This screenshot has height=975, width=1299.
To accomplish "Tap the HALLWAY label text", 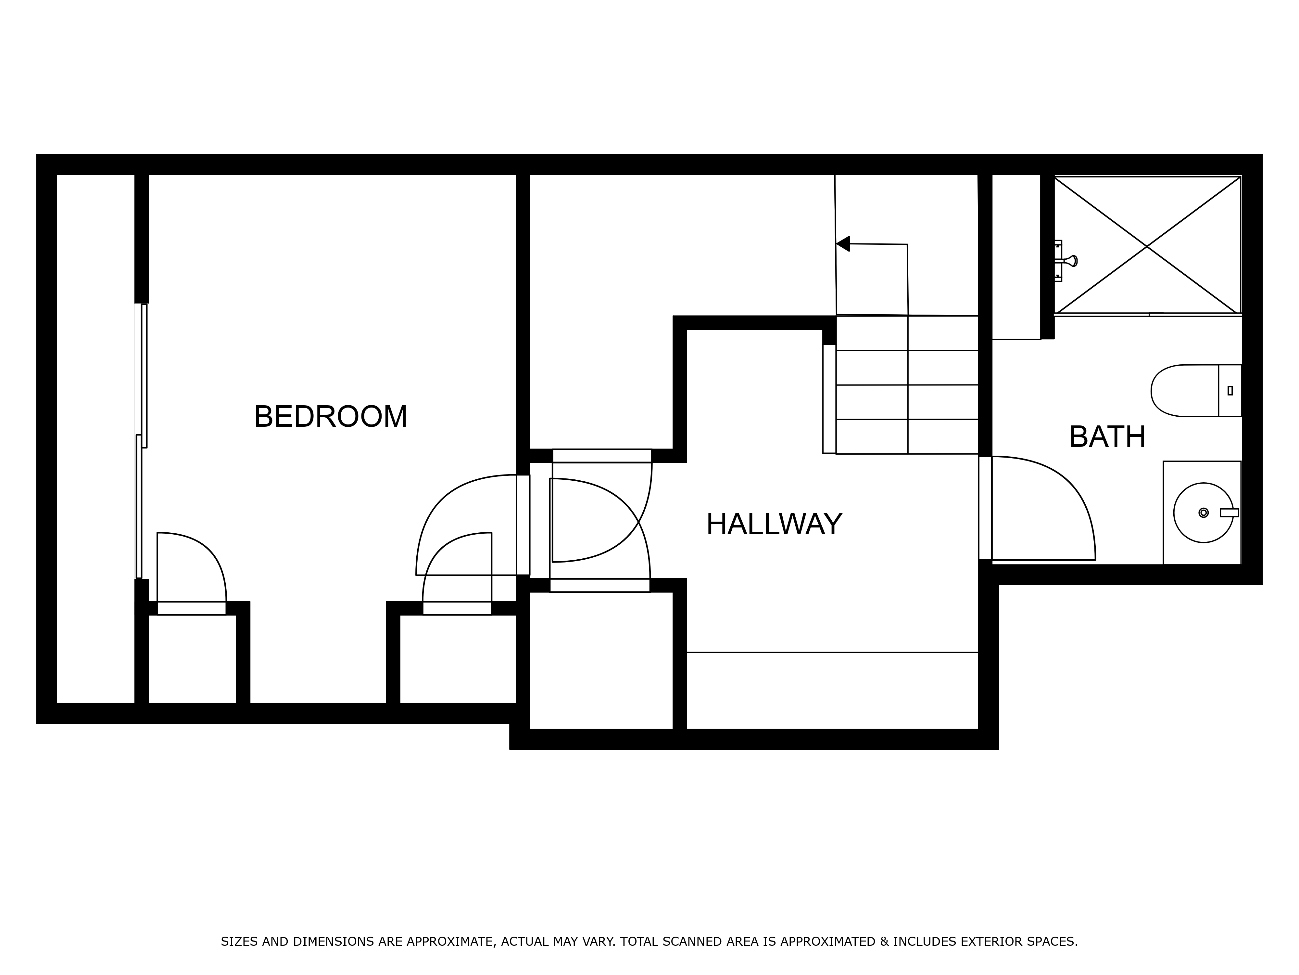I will (774, 524).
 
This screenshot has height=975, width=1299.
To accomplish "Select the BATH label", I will (1107, 437).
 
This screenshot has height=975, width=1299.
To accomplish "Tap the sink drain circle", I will (1203, 513).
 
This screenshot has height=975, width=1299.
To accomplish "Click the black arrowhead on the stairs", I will (843, 243).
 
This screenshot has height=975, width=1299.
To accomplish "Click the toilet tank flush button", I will (1230, 390).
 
